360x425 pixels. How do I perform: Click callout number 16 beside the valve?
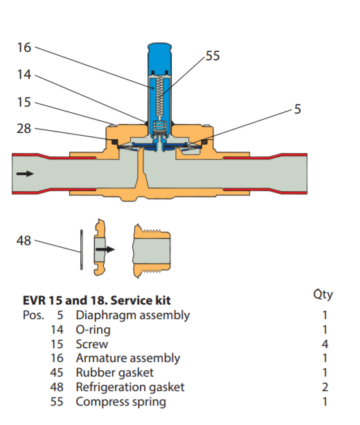[x=24, y=48]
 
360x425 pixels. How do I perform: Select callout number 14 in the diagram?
[x=24, y=75]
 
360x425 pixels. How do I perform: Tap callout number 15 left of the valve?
[x=24, y=102]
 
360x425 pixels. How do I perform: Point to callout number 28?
[x=24, y=129]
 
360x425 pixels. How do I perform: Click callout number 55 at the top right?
[x=213, y=56]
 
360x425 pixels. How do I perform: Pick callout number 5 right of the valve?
[x=298, y=109]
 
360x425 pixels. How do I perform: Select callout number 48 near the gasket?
[x=24, y=241]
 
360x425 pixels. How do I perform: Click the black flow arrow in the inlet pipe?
[x=24, y=174]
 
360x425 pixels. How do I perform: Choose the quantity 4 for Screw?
[x=325, y=344]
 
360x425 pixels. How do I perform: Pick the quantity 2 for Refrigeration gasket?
[x=325, y=387]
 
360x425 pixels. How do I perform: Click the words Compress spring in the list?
[x=120, y=401]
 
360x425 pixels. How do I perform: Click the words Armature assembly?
[x=127, y=359]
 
